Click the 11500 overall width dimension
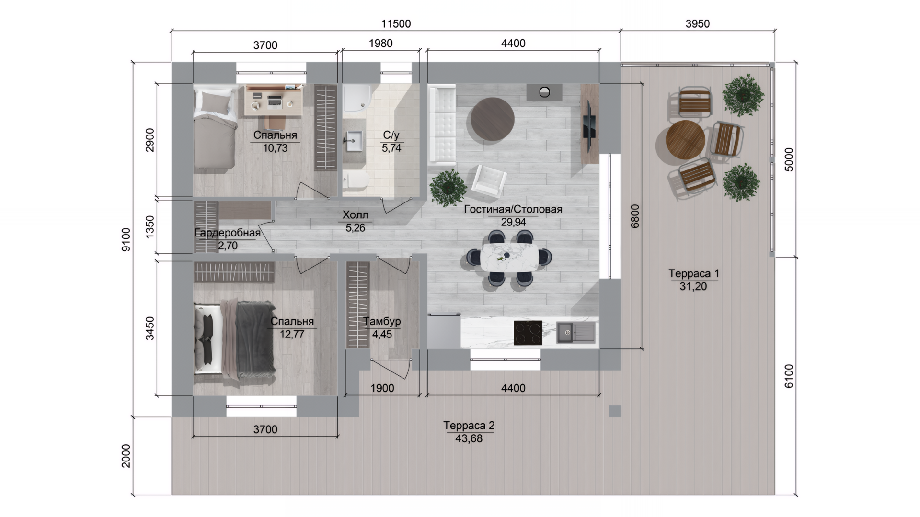coord(396,24)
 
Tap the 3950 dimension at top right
coord(697,24)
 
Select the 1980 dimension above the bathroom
coord(380,44)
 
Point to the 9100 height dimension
coord(126,239)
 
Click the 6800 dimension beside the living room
coord(635,216)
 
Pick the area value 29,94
coord(513,222)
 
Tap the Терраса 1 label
coord(693,274)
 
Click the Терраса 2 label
coord(469,426)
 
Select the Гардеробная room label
coord(228,233)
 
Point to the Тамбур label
coord(382,322)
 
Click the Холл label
coord(355,215)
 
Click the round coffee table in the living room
coord(493,119)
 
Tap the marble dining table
coord(510,258)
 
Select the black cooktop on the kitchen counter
coord(528,333)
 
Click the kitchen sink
coord(575,332)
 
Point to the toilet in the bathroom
coord(355,181)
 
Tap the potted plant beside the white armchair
coord(448,188)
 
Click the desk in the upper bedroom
coord(274,101)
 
